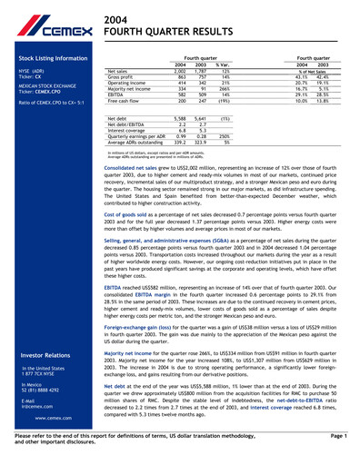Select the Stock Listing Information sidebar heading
tap(47, 57)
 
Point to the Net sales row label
tap(117, 70)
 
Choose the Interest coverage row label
tap(126, 131)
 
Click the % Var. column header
tap(222, 64)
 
